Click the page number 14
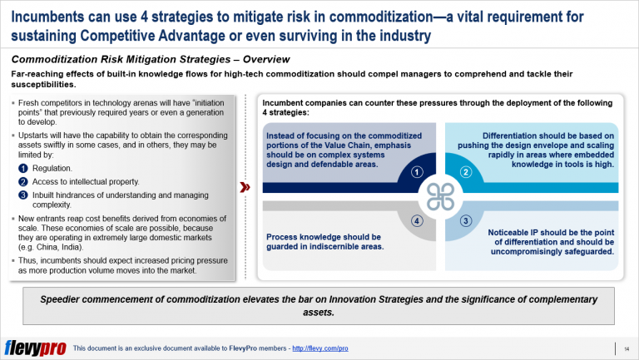coord(625,347)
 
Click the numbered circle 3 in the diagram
coord(465,221)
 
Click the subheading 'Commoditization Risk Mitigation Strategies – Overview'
coord(150,59)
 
